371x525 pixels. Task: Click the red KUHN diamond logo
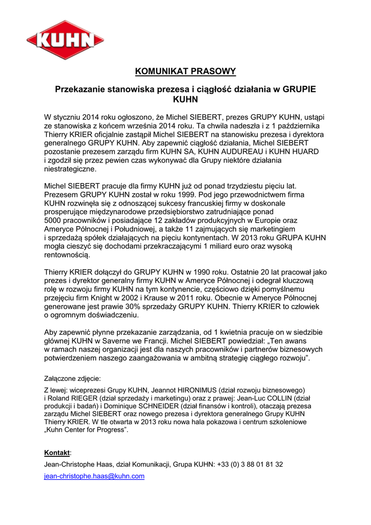point(65,40)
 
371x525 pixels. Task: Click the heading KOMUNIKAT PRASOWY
point(185,71)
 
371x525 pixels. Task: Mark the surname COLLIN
point(279,398)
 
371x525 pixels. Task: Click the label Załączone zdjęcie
point(72,379)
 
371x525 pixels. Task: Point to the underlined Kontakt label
point(57,453)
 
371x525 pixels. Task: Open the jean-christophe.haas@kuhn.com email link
point(94,476)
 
